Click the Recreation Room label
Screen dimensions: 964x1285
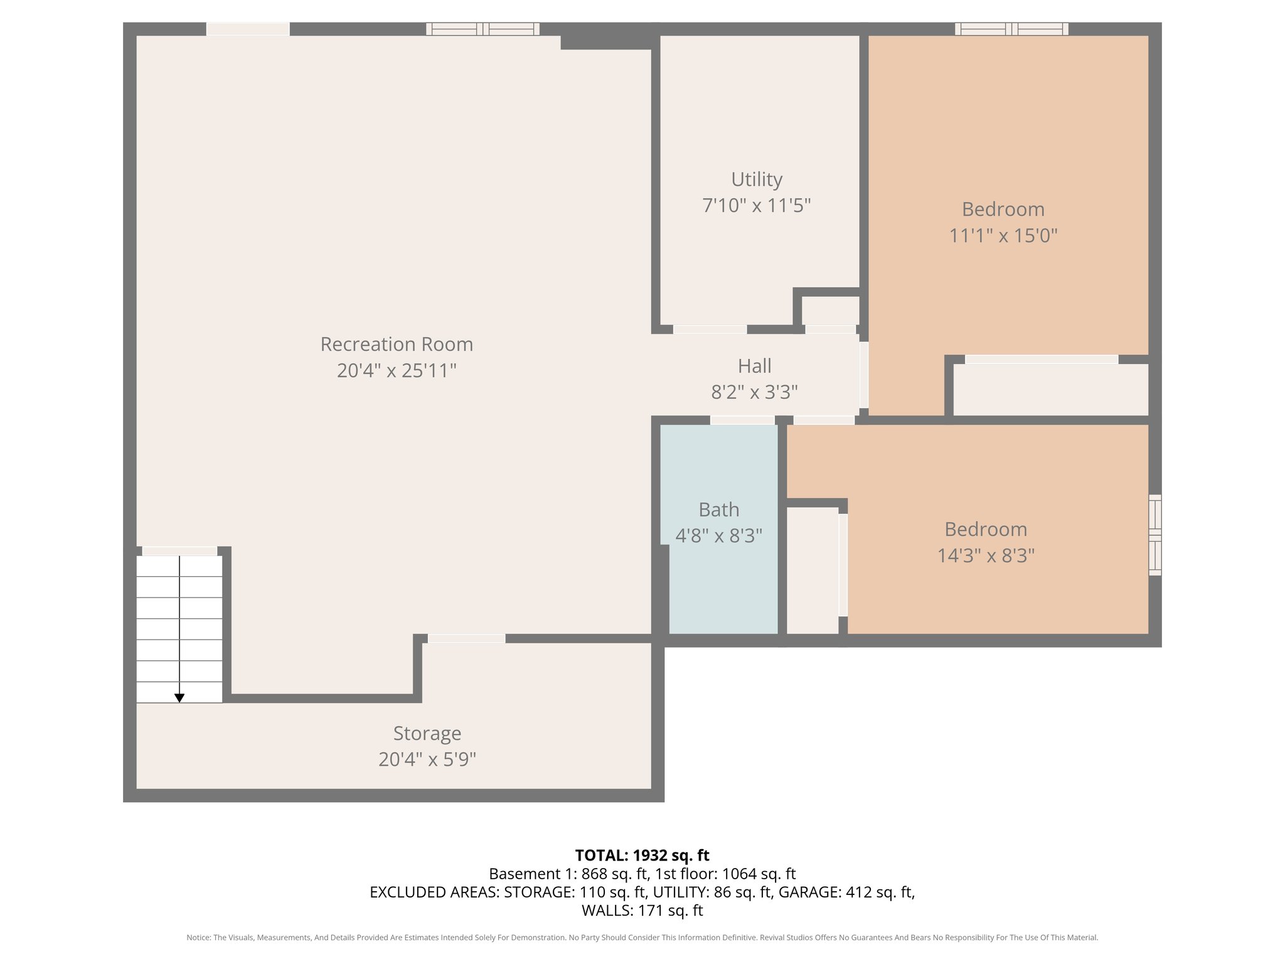coord(397,344)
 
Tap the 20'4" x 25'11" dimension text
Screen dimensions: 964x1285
coord(397,370)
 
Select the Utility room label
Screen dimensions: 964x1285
coord(757,179)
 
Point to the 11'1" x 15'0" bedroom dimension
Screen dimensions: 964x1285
coord(1003,236)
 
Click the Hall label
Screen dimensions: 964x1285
coord(754,366)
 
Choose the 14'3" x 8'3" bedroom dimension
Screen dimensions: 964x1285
coord(986,556)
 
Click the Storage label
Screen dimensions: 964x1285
coord(427,733)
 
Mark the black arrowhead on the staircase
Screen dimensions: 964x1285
coord(179,698)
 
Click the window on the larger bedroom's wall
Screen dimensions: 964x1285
coord(1011,29)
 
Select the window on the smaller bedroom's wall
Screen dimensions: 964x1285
coord(1154,535)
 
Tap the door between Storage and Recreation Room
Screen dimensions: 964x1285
coord(466,638)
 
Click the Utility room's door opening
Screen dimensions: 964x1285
coord(710,329)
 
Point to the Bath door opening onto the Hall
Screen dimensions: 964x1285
coord(742,420)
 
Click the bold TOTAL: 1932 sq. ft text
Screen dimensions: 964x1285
coord(642,855)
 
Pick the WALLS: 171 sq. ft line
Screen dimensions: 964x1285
coord(642,910)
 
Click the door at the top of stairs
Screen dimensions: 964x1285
coord(179,551)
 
